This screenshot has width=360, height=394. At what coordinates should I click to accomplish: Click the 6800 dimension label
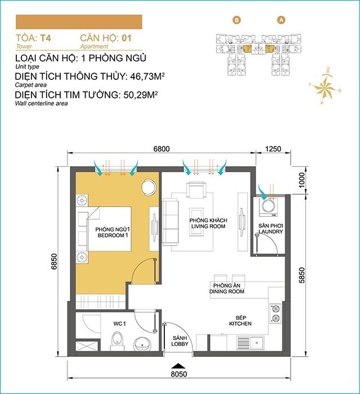(x=161, y=149)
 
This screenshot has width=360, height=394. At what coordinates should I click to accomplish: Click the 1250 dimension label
(x=272, y=149)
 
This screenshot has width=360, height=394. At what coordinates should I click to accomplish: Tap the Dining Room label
(x=227, y=289)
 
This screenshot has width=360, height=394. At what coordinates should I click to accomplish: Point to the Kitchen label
(x=240, y=321)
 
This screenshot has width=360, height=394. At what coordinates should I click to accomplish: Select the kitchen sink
(x=256, y=342)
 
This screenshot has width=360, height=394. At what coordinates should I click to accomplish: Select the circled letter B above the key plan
(x=237, y=20)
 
